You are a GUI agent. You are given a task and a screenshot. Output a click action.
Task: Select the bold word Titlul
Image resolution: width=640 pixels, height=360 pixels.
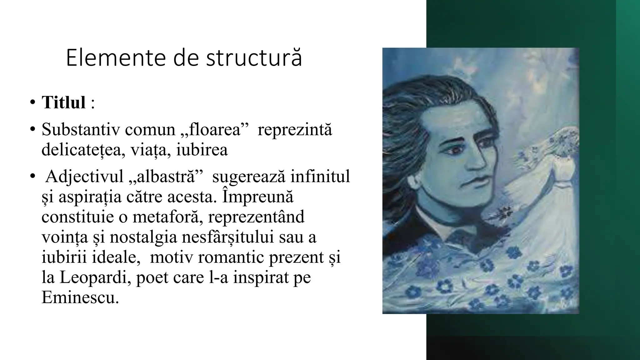point(64,102)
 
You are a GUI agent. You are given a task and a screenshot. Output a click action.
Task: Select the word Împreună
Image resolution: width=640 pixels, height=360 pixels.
point(258,197)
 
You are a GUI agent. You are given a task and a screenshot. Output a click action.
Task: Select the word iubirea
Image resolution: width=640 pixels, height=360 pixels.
point(202,150)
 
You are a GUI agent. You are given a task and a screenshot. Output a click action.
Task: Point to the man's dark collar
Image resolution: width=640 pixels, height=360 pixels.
point(444,231)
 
